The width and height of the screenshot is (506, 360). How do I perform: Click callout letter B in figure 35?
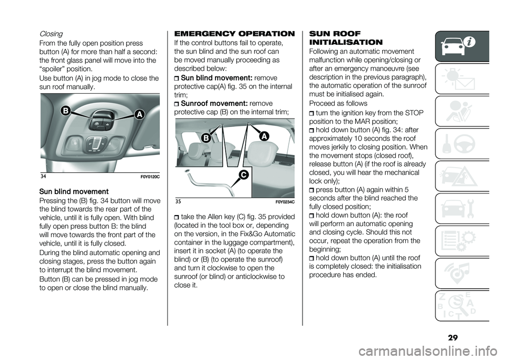(206, 139)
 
